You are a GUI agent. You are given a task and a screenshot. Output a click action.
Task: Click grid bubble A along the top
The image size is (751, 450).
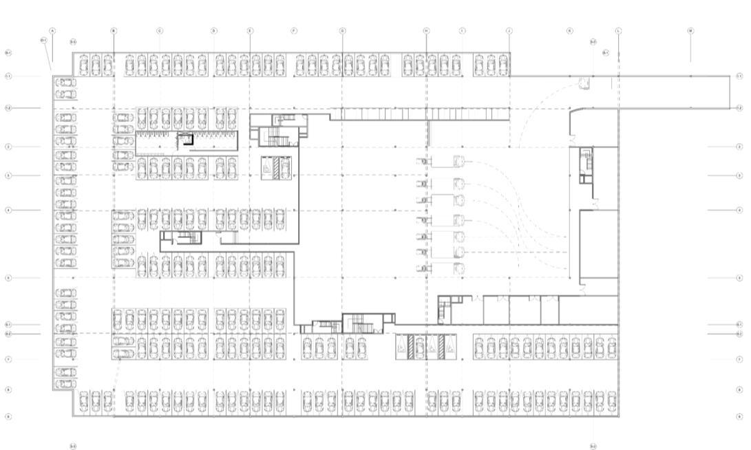coord(52,31)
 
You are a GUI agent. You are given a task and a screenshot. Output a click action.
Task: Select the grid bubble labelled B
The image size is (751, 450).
coord(114,31)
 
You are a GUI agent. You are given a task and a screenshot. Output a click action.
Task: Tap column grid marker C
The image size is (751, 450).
coord(160,31)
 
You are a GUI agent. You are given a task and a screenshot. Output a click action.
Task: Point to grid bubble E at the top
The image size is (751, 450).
coord(250,31)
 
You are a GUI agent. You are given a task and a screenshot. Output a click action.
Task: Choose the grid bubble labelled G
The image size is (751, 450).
coord(342,31)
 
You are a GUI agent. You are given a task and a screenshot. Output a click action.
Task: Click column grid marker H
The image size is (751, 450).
coord(426,31)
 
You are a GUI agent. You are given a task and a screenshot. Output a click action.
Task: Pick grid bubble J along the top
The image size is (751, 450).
coord(509,31)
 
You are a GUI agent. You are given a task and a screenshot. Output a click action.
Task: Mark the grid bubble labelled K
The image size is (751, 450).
coord(570,31)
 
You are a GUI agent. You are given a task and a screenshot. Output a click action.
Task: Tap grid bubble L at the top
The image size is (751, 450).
coord(618,31)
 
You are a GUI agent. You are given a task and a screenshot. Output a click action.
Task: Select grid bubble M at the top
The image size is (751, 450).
coord(690,31)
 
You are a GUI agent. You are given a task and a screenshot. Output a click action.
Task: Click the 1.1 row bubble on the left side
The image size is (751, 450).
coord(8,76)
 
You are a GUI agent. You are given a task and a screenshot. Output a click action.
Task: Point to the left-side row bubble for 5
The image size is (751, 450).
coord(8,278)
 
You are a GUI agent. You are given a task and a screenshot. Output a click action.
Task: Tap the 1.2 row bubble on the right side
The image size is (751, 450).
coord(739,108)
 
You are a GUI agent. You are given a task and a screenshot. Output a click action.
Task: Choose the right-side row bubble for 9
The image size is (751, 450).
coord(739,416)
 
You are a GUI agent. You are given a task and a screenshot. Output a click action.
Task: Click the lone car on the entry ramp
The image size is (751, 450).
coord(585,83)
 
